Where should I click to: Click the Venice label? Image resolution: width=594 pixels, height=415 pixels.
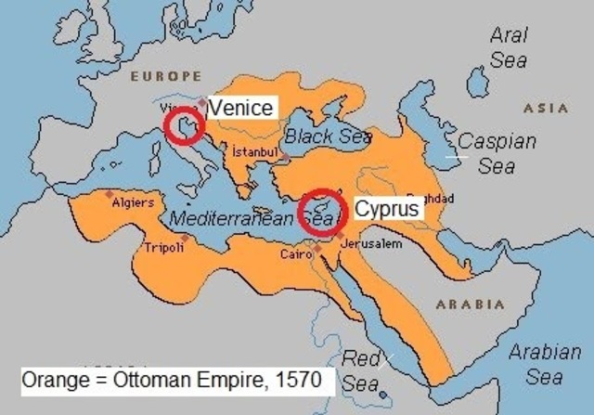240,108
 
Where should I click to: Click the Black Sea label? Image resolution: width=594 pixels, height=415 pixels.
328,136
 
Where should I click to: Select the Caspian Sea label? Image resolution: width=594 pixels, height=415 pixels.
497,154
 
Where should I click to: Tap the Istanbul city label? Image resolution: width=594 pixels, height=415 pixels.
254,151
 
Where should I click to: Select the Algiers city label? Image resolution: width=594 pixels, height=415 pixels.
133,201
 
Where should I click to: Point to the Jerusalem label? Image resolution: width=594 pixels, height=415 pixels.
371,244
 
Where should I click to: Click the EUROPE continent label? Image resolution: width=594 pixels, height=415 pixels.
165,75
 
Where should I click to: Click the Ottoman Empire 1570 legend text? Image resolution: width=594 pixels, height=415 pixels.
172,381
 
